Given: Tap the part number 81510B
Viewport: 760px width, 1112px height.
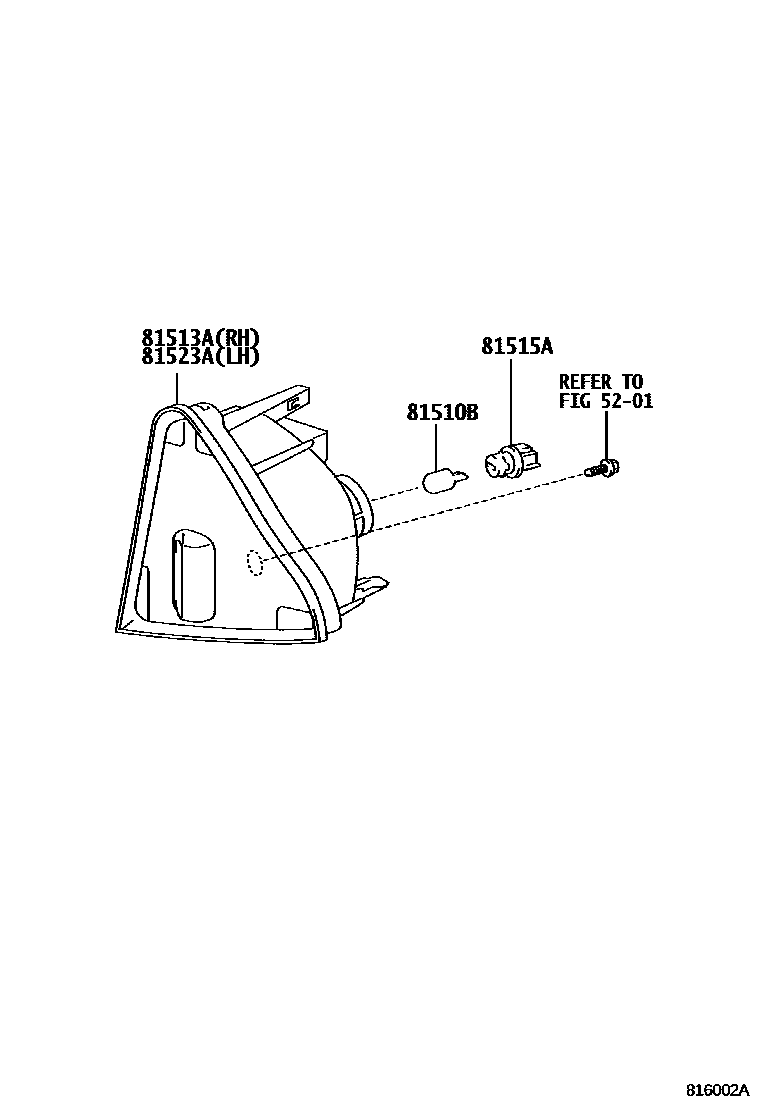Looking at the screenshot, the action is [x=441, y=412].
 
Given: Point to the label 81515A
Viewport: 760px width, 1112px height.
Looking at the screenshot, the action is [x=516, y=347].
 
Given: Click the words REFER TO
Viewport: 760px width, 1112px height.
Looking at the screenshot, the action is [x=601, y=383].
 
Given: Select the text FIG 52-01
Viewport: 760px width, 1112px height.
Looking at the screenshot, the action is [x=606, y=402].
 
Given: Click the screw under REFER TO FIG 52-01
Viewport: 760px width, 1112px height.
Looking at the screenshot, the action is [x=604, y=466].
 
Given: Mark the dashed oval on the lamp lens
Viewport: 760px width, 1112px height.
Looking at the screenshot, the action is [x=254, y=564].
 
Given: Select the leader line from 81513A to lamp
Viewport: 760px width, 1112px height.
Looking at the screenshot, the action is [x=176, y=387].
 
